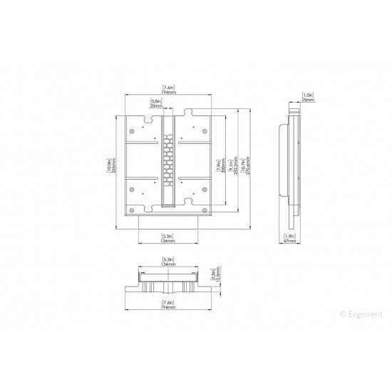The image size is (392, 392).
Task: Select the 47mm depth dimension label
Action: click(290, 239)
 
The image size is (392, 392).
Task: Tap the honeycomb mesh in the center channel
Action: click(168, 160)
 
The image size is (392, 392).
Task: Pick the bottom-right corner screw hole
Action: click(205, 210)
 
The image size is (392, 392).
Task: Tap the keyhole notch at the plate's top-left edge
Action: click(148, 113)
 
